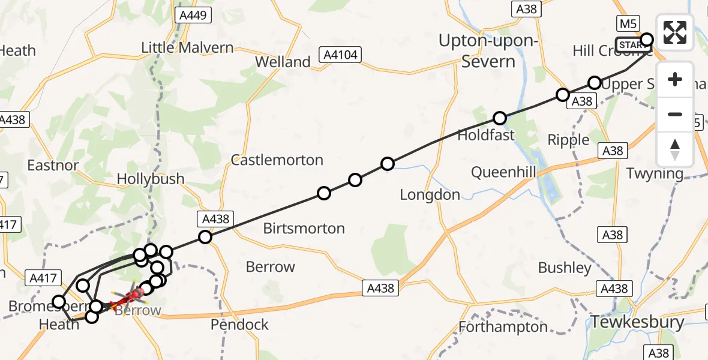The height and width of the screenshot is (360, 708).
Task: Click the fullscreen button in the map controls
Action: (x=675, y=32)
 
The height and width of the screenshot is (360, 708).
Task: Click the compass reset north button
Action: (x=675, y=149)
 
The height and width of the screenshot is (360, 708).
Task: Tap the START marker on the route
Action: (x=632, y=46)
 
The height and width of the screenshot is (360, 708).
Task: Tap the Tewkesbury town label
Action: (x=637, y=322)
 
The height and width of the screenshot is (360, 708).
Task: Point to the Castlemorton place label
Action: (x=277, y=160)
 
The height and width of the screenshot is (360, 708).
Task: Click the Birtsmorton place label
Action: (x=304, y=228)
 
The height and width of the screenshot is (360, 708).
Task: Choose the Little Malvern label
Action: (x=187, y=47)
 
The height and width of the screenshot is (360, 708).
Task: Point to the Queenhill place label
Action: (x=503, y=173)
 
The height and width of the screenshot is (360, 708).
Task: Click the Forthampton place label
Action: (x=503, y=327)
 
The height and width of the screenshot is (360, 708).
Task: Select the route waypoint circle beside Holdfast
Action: (x=500, y=118)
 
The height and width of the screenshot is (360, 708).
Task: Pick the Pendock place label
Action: (x=239, y=325)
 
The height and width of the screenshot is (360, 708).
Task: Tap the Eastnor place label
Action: (x=53, y=165)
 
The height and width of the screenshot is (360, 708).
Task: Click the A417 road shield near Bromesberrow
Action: (x=43, y=278)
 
